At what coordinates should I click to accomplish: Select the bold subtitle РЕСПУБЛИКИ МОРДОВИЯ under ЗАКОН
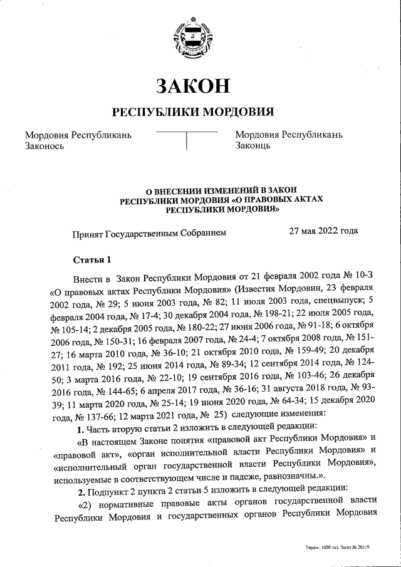(193, 112)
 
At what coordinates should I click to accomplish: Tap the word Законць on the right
(253, 146)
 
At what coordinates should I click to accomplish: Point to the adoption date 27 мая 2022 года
(323, 231)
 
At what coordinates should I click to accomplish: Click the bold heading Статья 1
(91, 259)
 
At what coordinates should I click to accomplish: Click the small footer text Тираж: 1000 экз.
(323, 547)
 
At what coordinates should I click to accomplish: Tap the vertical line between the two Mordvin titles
(187, 141)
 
